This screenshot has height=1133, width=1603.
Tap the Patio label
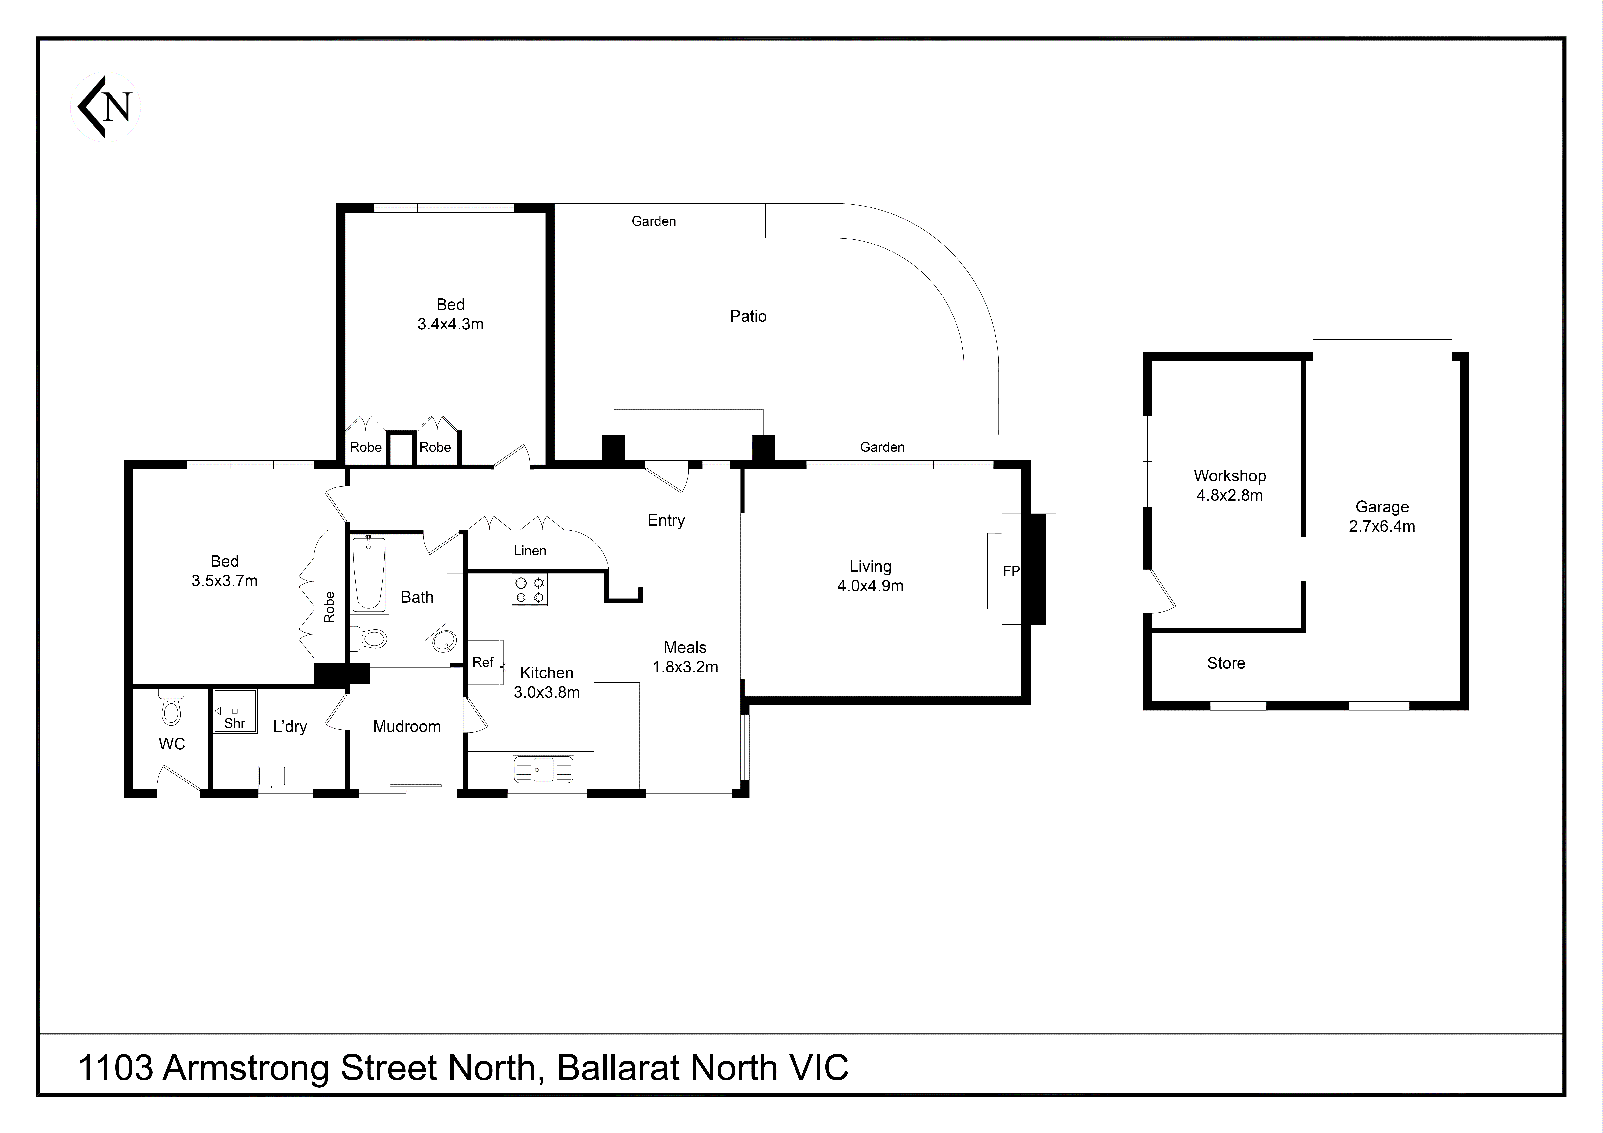pos(748,316)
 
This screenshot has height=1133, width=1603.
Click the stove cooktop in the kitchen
pos(530,589)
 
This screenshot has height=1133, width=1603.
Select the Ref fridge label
pos(482,662)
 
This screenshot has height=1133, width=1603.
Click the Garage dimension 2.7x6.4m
pos(1382,526)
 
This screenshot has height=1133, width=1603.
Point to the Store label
pos(1226,663)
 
